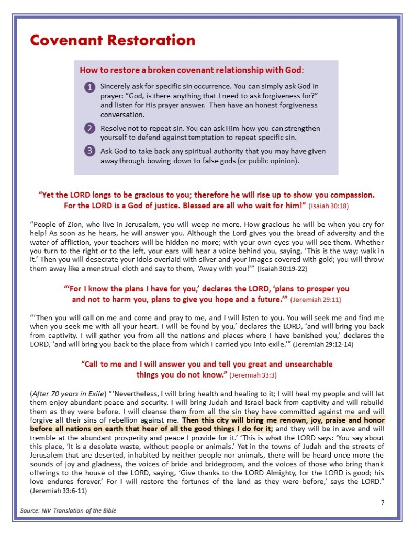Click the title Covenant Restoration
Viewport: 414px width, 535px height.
pos(113,40)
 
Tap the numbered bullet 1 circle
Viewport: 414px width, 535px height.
pos(89,87)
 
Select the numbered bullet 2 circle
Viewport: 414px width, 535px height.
pos(89,129)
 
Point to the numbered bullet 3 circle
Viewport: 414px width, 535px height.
pos(89,152)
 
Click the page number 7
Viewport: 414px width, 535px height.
pos(382,503)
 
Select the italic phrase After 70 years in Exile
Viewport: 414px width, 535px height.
pos(68,393)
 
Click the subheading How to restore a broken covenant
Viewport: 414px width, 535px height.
pos(191,70)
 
